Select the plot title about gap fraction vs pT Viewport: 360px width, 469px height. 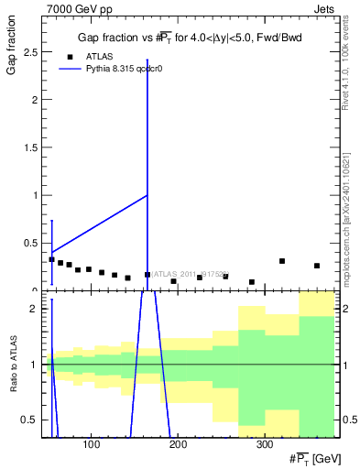click(x=189, y=38)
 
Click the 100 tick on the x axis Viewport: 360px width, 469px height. click(x=92, y=446)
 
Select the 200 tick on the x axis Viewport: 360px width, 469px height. click(x=178, y=446)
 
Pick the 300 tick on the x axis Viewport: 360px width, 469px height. click(x=264, y=446)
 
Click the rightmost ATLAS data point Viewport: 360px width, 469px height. click(x=317, y=266)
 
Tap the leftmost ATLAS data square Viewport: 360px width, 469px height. click(x=51, y=259)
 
